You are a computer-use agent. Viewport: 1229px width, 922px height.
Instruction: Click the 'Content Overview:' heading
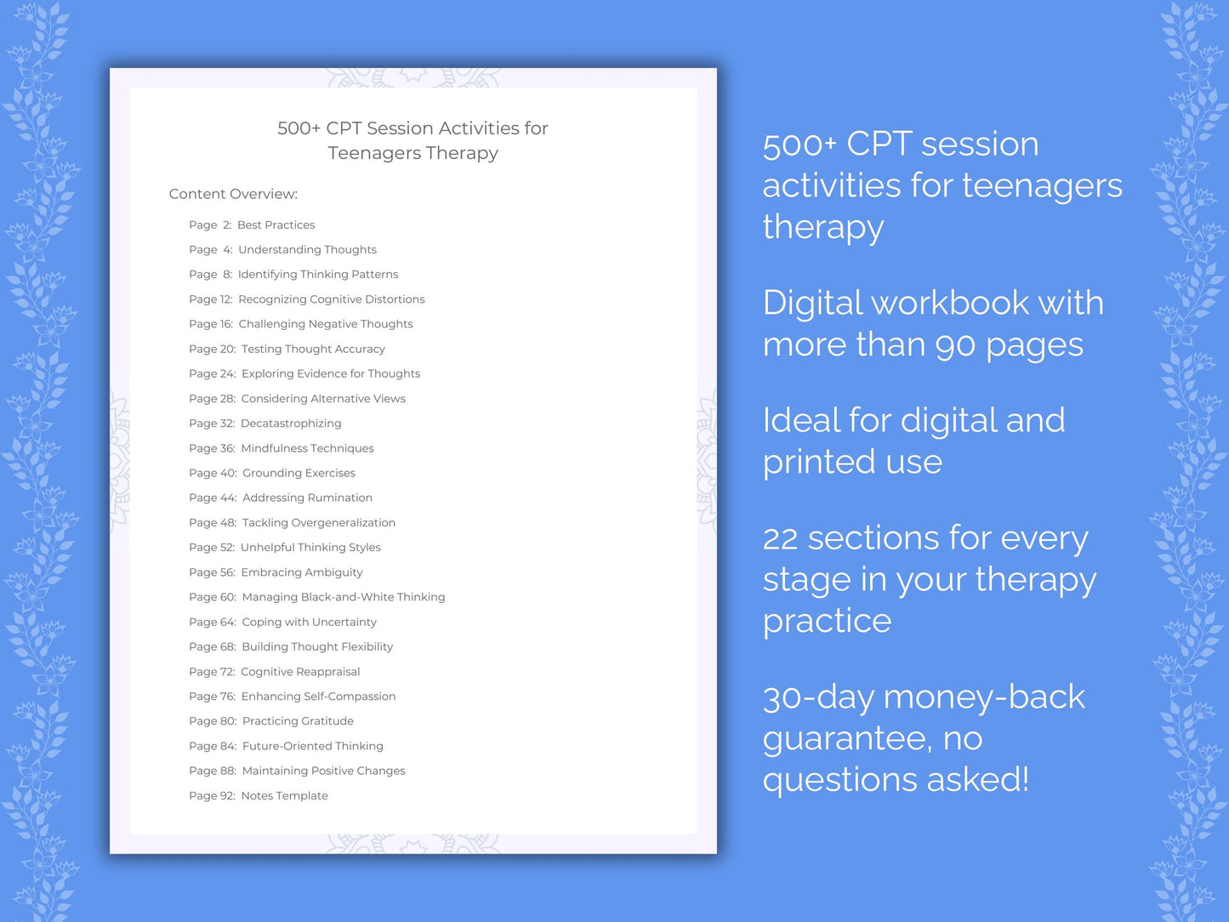tap(233, 194)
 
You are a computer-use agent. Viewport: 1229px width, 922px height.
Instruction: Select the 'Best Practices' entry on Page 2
tap(276, 225)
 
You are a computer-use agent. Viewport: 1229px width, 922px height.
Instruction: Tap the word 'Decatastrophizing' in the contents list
tap(291, 424)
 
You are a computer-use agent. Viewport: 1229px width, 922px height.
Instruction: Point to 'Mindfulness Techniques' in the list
tap(307, 448)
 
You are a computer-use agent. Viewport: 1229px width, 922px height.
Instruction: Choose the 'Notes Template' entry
tap(284, 796)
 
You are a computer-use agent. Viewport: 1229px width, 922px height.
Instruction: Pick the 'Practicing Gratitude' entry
tap(298, 721)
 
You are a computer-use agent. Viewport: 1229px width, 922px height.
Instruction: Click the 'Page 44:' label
tap(213, 498)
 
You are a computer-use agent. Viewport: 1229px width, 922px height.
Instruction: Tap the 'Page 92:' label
tap(212, 796)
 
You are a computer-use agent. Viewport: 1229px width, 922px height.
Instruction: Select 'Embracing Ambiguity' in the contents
tap(302, 572)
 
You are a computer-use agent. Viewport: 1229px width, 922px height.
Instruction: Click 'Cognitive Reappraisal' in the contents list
tap(300, 672)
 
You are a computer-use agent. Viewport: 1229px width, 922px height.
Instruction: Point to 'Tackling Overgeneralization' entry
tap(319, 523)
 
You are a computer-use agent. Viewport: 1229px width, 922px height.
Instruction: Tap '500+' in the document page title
tap(299, 128)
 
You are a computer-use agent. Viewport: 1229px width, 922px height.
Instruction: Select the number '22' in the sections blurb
tap(780, 539)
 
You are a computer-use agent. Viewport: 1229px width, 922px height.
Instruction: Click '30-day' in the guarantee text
tap(818, 697)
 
